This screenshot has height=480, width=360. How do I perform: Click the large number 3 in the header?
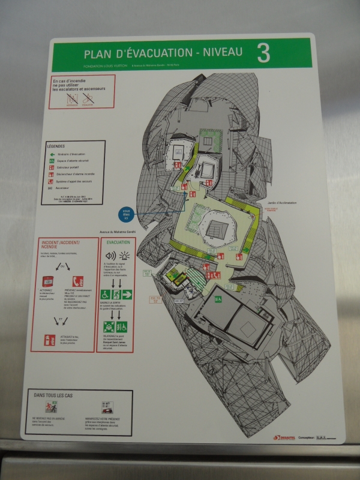coord(262,53)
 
